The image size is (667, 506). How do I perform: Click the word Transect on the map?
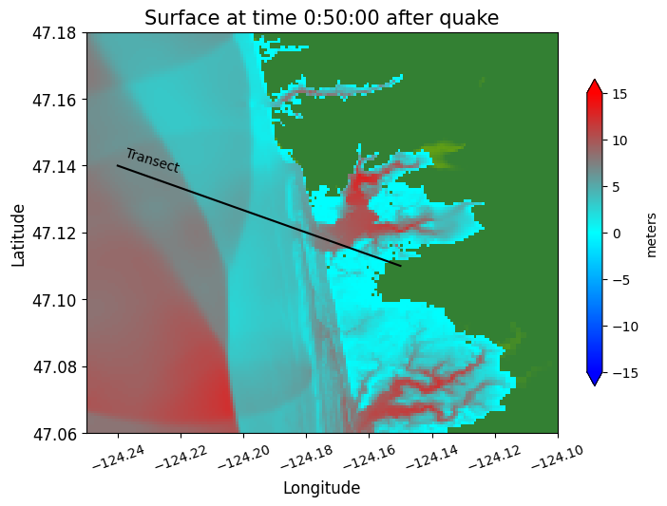[152, 160]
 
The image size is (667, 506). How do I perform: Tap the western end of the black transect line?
[118, 166]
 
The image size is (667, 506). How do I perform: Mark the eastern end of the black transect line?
[401, 266]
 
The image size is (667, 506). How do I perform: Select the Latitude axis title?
[18, 233]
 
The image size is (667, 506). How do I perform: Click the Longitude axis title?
[321, 488]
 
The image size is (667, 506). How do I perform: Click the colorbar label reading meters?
[652, 234]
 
